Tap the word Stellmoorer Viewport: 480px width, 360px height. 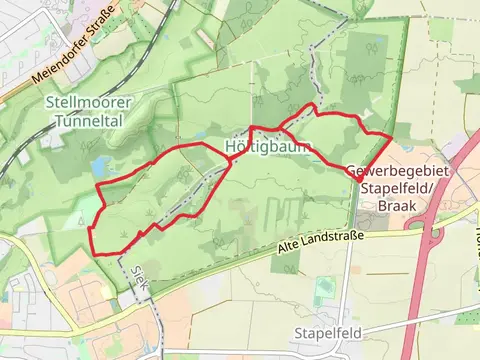click(82, 102)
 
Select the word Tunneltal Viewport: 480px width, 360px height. click(82, 120)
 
